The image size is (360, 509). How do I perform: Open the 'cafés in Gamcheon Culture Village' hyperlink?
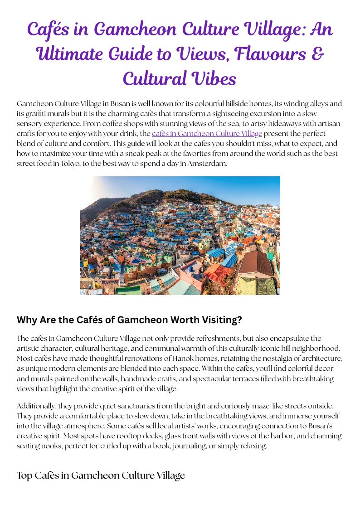207,133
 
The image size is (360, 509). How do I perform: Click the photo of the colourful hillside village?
180,236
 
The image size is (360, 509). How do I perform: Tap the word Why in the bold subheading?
27,320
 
